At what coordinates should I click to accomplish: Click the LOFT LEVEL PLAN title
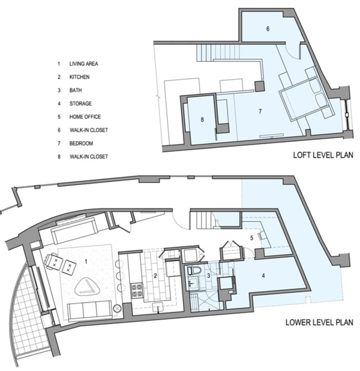323,155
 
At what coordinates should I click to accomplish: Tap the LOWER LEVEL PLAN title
319,322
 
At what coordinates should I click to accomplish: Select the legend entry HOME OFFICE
85,117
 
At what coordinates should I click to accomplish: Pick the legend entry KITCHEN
79,77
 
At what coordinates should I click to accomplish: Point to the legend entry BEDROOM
81,143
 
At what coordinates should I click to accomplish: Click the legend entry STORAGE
80,104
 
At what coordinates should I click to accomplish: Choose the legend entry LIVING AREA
84,64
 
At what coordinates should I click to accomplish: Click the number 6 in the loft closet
268,29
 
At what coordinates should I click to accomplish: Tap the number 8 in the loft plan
202,119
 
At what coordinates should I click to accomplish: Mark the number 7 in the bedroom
260,111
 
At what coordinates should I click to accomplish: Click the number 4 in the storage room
263,276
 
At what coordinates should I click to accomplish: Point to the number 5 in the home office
251,238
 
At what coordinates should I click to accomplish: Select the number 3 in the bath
208,276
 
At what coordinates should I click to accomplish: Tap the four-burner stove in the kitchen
137,291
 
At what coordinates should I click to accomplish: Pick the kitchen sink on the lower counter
158,307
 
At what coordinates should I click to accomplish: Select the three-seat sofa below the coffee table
90,312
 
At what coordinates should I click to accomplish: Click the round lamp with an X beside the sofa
117,309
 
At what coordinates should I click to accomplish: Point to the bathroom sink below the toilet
193,283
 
